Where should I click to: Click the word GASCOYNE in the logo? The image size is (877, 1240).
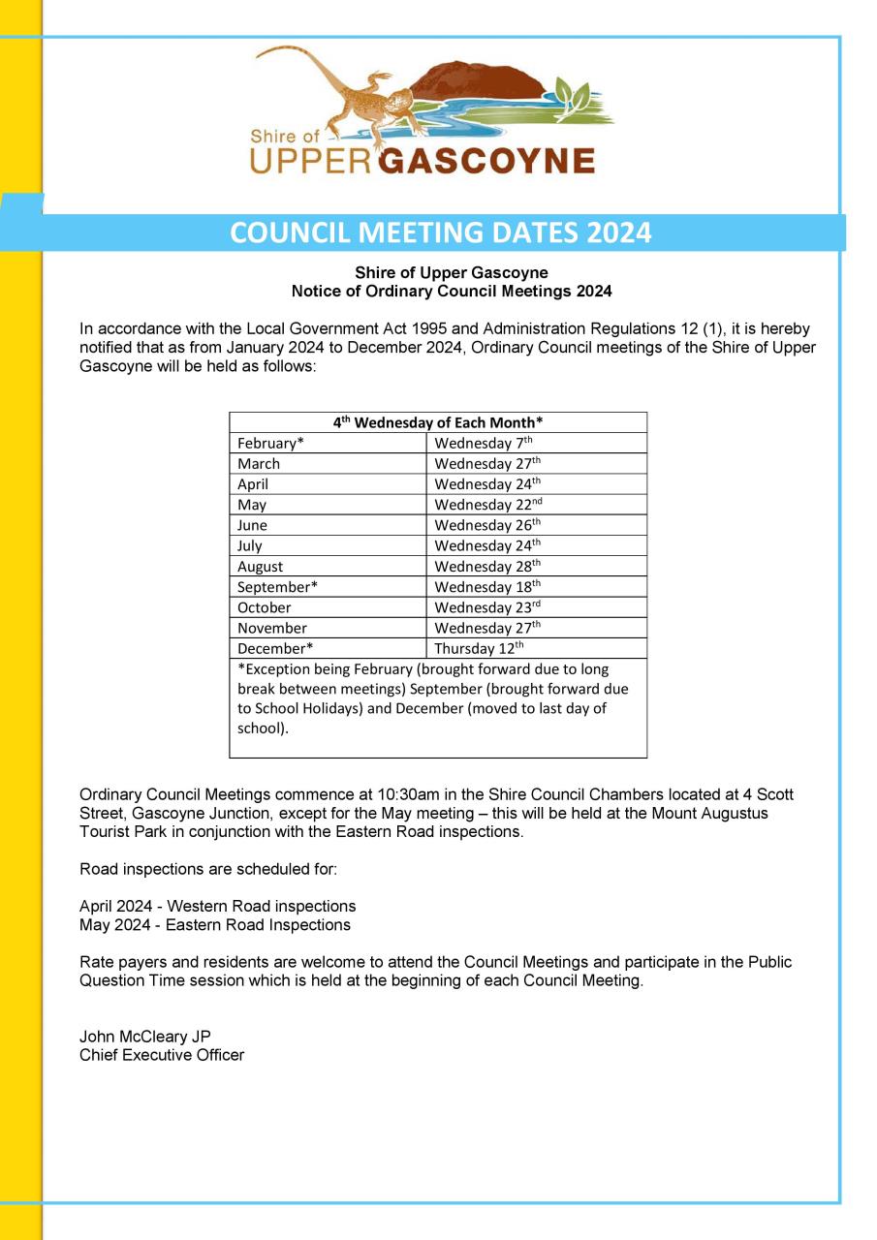(485, 160)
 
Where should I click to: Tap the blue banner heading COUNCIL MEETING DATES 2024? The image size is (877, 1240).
(441, 233)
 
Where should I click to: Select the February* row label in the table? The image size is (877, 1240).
(270, 444)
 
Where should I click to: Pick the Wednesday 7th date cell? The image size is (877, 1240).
(484, 444)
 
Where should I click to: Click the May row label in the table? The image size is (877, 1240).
(252, 505)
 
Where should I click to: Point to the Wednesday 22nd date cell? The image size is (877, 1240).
(487, 505)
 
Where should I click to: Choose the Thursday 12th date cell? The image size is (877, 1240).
(479, 648)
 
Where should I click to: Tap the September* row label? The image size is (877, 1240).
(277, 587)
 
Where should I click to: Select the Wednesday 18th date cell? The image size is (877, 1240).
(487, 587)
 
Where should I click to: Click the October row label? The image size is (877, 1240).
(264, 607)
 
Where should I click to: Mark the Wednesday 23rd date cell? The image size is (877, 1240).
(487, 607)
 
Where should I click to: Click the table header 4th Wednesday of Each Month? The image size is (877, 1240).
(438, 422)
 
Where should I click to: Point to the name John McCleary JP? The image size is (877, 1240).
(145, 1037)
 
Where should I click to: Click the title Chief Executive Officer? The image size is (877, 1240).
(162, 1055)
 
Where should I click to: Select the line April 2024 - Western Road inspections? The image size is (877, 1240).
(217, 907)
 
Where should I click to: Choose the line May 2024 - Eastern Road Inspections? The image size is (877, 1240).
(215, 925)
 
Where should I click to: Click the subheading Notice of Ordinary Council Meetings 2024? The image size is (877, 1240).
(452, 291)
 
